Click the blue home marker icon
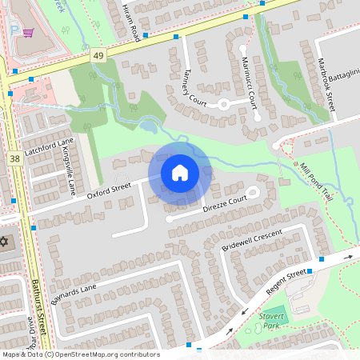(x=179, y=173)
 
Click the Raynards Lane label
(x=74, y=292)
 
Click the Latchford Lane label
(x=49, y=146)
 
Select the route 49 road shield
(x=98, y=55)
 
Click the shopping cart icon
(x=29, y=33)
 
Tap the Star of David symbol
(x=4, y=241)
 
